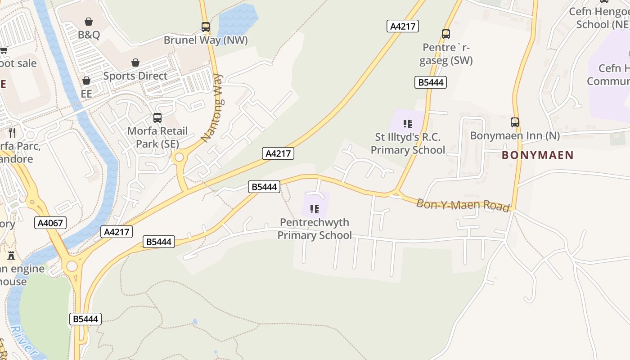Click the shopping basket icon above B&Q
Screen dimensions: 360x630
[x=89, y=22]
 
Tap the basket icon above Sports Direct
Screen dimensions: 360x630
[x=135, y=63]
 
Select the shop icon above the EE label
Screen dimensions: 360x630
[x=86, y=81]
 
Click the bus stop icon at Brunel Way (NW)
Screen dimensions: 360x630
[x=206, y=27]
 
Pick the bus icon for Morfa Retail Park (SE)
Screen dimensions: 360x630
[x=157, y=118]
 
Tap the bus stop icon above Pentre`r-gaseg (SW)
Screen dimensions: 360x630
[x=445, y=34]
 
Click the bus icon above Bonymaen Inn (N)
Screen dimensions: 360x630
[x=515, y=122]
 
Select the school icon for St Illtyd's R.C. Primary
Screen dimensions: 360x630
[x=408, y=123]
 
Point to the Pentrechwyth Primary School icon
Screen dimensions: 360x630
[x=315, y=209]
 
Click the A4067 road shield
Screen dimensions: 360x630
[x=50, y=222]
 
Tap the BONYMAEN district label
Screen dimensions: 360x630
[x=538, y=155]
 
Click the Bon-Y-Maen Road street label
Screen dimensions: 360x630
[x=463, y=205]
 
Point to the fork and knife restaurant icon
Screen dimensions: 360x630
[x=12, y=132]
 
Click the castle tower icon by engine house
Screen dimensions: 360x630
[x=11, y=256]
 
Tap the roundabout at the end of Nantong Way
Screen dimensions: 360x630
[x=180, y=157]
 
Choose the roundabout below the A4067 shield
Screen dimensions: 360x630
[x=72, y=266]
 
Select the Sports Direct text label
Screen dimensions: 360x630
[x=135, y=76]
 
